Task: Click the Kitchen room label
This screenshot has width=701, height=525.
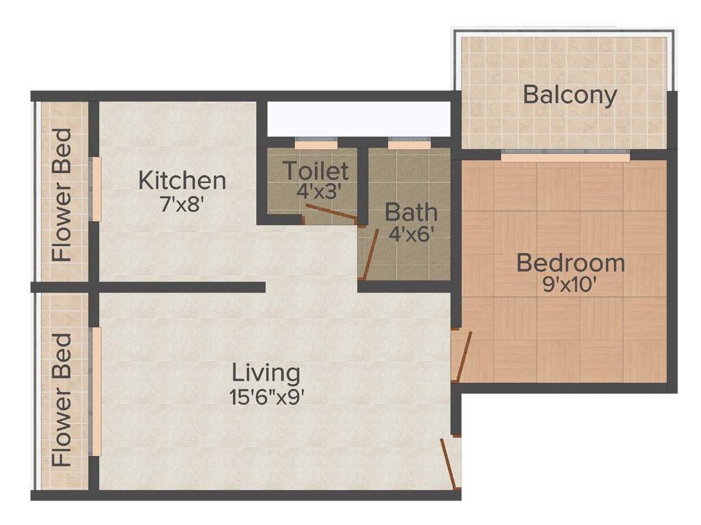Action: click(x=182, y=181)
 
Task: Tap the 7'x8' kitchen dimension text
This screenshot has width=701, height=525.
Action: click(x=182, y=204)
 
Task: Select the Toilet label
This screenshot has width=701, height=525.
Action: click(x=316, y=170)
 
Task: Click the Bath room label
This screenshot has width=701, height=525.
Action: click(x=411, y=213)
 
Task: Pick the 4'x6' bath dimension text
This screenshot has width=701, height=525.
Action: click(x=411, y=234)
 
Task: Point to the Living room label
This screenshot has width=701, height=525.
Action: click(x=266, y=373)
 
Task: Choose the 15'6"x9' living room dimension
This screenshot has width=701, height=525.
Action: click(x=266, y=396)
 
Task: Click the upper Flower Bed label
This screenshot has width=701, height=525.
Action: click(x=62, y=194)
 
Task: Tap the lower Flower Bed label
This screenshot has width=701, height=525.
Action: click(x=62, y=399)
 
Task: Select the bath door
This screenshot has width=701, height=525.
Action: click(x=370, y=254)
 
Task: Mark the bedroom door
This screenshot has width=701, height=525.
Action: click(x=463, y=356)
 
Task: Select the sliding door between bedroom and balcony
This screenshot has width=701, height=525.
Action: click(x=565, y=157)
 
